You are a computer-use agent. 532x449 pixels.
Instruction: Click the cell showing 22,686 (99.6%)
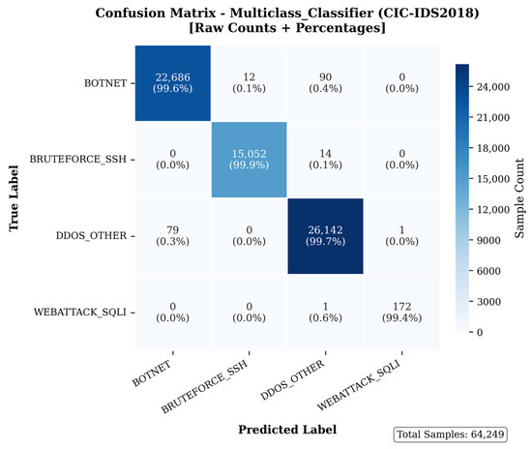(x=173, y=83)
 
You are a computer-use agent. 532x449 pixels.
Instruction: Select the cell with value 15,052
(x=249, y=159)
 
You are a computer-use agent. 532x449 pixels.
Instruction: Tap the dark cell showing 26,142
(x=325, y=236)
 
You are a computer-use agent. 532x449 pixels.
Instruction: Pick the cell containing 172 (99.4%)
(x=401, y=313)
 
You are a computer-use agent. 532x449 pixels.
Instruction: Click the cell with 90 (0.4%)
(x=325, y=83)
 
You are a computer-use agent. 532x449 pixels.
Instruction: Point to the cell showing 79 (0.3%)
(x=173, y=236)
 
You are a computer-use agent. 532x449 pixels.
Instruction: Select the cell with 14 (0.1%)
(x=325, y=159)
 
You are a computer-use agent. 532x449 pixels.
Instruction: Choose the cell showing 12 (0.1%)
(x=249, y=83)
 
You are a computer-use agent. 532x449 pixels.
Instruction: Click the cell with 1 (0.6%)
(x=325, y=313)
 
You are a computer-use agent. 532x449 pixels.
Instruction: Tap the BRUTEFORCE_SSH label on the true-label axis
(x=77, y=159)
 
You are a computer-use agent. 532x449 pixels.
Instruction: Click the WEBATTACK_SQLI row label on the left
(x=79, y=313)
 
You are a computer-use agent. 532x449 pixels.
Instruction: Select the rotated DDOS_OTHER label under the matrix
(x=292, y=379)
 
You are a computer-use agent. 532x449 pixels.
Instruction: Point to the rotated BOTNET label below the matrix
(x=151, y=374)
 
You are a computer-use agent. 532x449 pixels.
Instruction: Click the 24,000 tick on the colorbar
(x=493, y=87)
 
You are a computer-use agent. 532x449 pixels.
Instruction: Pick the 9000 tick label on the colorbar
(x=488, y=241)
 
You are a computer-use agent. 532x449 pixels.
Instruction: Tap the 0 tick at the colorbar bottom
(x=480, y=333)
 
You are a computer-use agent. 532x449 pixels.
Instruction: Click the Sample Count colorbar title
(x=519, y=198)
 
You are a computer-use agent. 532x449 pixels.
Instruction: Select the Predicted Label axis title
(x=287, y=430)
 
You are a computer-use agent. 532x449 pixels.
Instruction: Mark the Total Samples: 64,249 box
(x=450, y=434)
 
